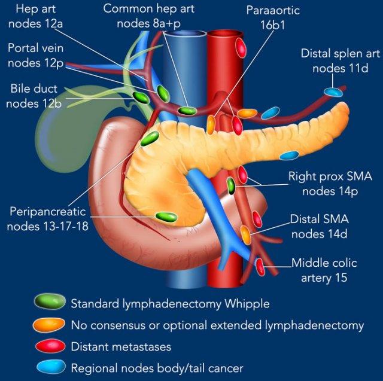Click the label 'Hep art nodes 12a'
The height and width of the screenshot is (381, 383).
coord(37,17)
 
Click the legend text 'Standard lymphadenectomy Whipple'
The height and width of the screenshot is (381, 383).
coord(170,304)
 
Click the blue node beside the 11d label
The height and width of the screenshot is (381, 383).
coord(333,92)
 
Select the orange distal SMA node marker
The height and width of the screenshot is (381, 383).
coord(245,234)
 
